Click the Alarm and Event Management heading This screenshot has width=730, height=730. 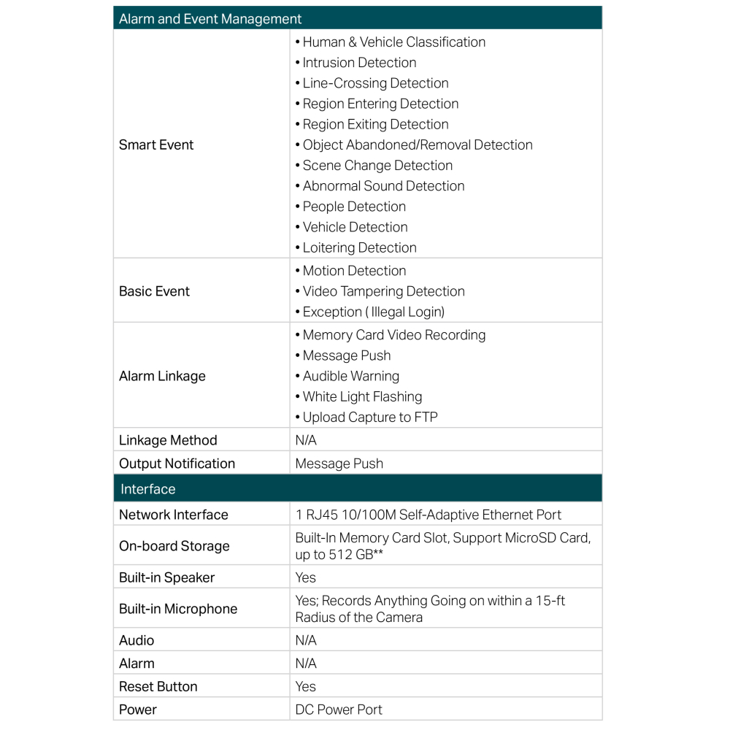pyautogui.click(x=210, y=19)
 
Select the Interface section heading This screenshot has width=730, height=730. pyautogui.click(x=148, y=489)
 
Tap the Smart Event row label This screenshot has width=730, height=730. pyautogui.click(x=156, y=145)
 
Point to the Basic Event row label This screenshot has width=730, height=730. pyautogui.click(x=154, y=291)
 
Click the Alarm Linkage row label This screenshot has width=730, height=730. pyautogui.click(x=162, y=376)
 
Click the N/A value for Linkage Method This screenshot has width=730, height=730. pyautogui.click(x=306, y=440)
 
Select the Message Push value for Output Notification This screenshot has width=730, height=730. pyautogui.click(x=339, y=464)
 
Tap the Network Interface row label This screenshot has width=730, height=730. pyautogui.click(x=174, y=515)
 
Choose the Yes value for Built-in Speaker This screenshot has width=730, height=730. pyautogui.click(x=306, y=577)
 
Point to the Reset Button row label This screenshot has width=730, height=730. pyautogui.click(x=158, y=686)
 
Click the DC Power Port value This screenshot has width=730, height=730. pyautogui.click(x=339, y=710)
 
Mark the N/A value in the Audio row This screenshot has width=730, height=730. pyautogui.click(x=306, y=640)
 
